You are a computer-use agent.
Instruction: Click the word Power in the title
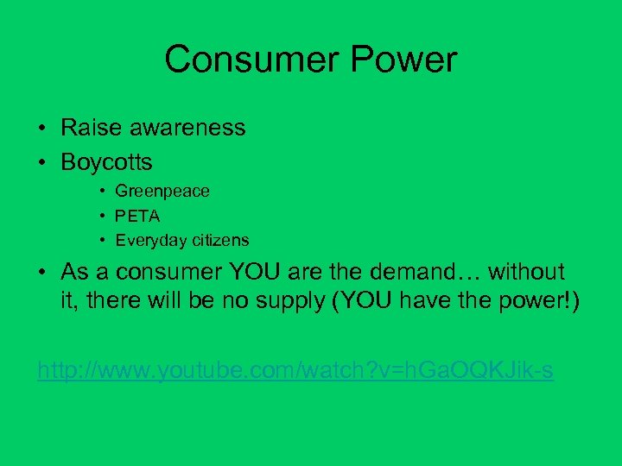pyautogui.click(x=406, y=60)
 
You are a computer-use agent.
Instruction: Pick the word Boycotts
pyautogui.click(x=106, y=161)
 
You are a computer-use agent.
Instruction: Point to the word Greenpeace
pyautogui.click(x=162, y=191)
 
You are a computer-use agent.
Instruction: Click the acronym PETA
pyautogui.click(x=137, y=216)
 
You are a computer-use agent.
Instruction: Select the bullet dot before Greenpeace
pyautogui.click(x=102, y=192)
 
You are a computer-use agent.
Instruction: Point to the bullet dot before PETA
pyautogui.click(x=102, y=216)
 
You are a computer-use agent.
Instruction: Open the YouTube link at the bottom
pyautogui.click(x=295, y=371)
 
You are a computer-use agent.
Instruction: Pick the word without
pyautogui.click(x=526, y=272)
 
